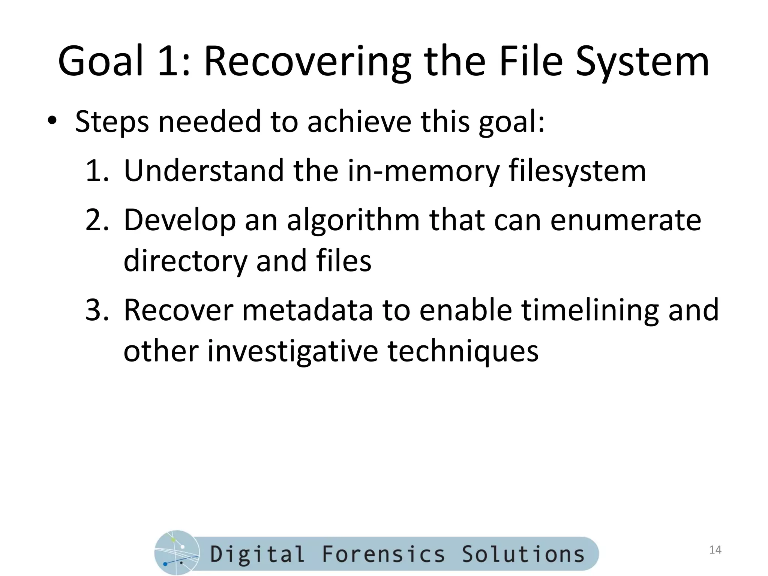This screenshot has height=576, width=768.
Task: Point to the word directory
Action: coord(185,261)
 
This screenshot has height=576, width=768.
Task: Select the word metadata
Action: coord(307,310)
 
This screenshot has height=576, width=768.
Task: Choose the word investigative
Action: coord(292,352)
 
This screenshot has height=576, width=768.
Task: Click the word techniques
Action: coord(463,352)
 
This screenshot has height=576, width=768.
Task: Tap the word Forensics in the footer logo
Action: coord(383,554)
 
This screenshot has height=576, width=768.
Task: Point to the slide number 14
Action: coord(715,550)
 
